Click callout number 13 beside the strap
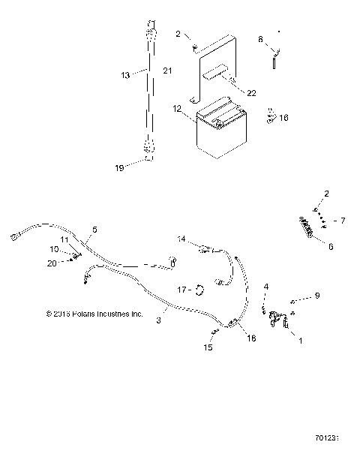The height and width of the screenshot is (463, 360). [126, 74]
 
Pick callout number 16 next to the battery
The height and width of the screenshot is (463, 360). [283, 117]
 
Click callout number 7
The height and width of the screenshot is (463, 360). [343, 221]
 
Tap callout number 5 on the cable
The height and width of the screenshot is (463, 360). [94, 229]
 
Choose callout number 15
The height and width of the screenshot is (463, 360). [208, 347]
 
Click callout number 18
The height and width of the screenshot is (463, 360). [250, 338]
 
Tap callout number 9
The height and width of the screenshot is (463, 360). [316, 296]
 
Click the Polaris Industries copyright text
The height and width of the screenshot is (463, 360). [94, 314]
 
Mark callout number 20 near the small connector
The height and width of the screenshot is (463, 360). [51, 263]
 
